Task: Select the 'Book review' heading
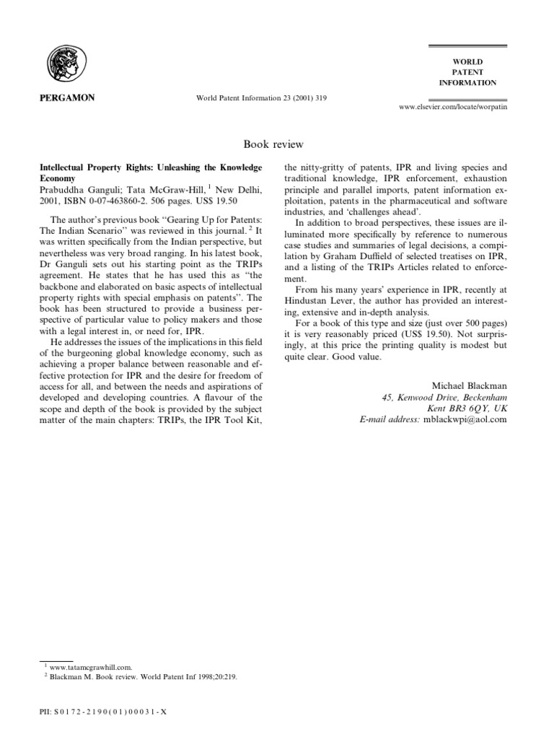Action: (x=277, y=145)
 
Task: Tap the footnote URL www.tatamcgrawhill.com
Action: (x=89, y=668)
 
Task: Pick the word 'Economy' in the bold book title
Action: (x=57, y=177)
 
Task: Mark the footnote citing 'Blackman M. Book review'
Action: (x=137, y=678)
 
